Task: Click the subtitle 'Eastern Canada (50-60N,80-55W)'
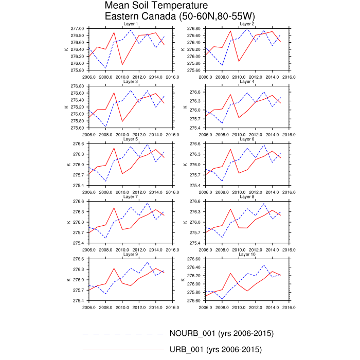click(x=180, y=16)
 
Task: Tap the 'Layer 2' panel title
click(x=247, y=24)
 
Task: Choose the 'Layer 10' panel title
click(x=247, y=255)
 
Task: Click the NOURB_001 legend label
click(x=222, y=333)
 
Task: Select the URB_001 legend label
click(x=215, y=350)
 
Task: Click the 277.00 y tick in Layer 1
click(x=78, y=28)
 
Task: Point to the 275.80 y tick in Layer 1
click(x=78, y=70)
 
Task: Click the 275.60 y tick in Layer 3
click(x=78, y=128)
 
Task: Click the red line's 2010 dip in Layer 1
click(x=122, y=64)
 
